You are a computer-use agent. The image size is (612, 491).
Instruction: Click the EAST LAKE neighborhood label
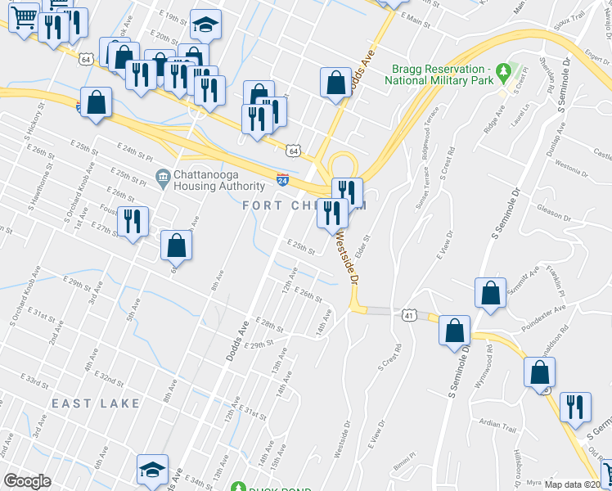(96, 404)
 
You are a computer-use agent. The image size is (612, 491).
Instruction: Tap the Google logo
(27, 481)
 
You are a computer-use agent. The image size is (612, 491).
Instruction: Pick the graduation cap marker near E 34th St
(152, 470)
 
